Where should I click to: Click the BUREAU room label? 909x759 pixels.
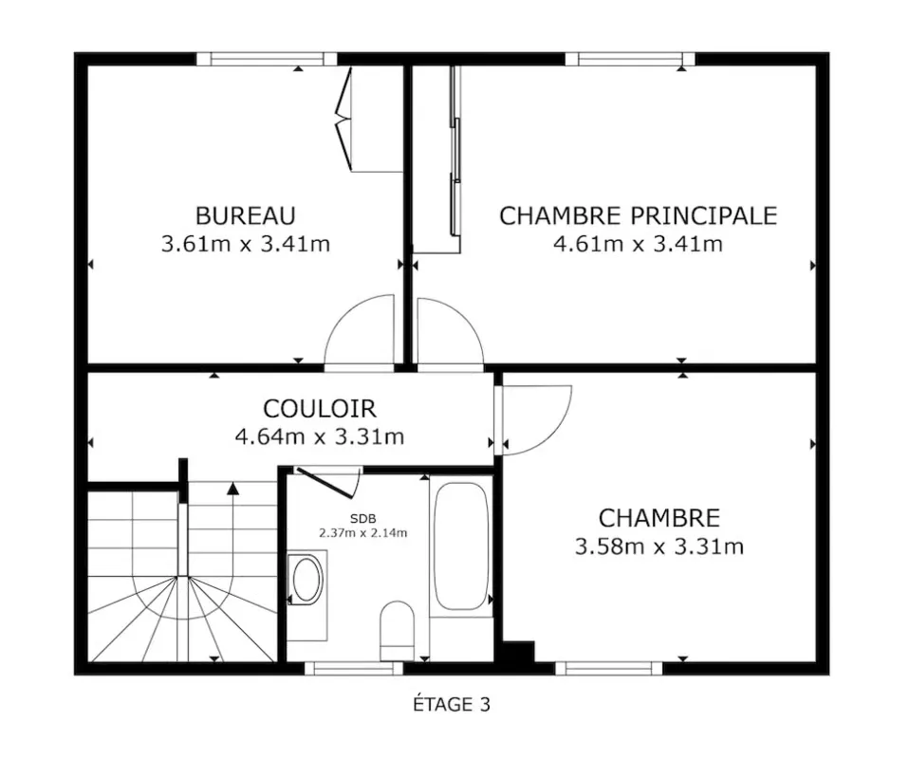(245, 215)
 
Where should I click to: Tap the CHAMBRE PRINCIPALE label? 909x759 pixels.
(638, 215)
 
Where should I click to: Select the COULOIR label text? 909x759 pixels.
(320, 409)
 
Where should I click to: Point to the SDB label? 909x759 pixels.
(362, 519)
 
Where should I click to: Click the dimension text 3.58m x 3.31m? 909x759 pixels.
(659, 546)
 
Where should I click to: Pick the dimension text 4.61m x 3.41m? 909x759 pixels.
(639, 244)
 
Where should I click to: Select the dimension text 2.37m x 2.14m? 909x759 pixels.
(362, 533)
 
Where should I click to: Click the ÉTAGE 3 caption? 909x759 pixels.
(452, 705)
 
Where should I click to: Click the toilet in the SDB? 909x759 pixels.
(398, 630)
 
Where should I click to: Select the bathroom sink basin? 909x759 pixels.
(307, 580)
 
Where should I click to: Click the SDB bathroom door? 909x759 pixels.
(327, 482)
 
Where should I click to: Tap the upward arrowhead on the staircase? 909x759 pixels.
(233, 489)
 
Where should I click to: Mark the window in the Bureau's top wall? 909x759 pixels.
(267, 59)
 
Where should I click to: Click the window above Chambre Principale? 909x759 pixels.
(630, 59)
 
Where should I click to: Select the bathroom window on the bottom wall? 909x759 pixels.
(354, 668)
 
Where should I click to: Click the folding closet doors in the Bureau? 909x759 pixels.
(343, 120)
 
